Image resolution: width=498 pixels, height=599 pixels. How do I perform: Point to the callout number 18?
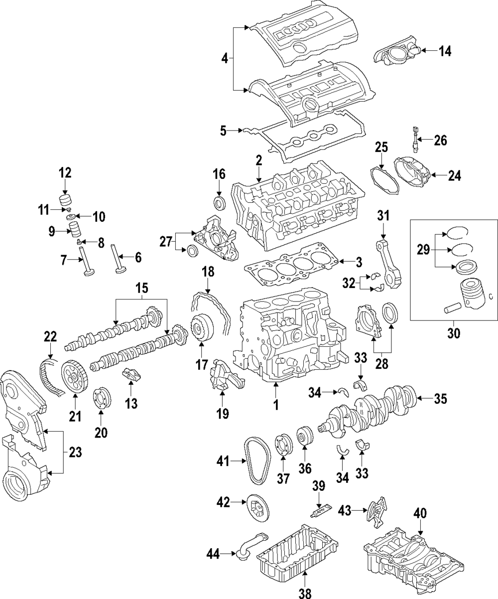pos(208,272)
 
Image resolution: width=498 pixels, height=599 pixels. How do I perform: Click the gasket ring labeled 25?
pos(384,180)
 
